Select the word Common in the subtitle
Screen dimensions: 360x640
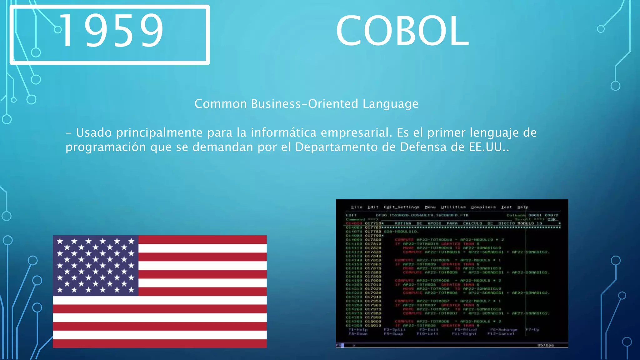221,104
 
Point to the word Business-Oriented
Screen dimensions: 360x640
305,104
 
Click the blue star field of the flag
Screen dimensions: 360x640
96,265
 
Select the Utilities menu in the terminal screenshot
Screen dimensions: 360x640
453,207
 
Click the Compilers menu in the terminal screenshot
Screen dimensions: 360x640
483,207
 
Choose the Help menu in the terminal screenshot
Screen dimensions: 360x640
522,207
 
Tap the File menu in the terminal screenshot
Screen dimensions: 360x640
357,207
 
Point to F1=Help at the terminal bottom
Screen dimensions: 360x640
358,330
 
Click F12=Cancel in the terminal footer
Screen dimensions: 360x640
501,334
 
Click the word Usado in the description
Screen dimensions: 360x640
94,133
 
